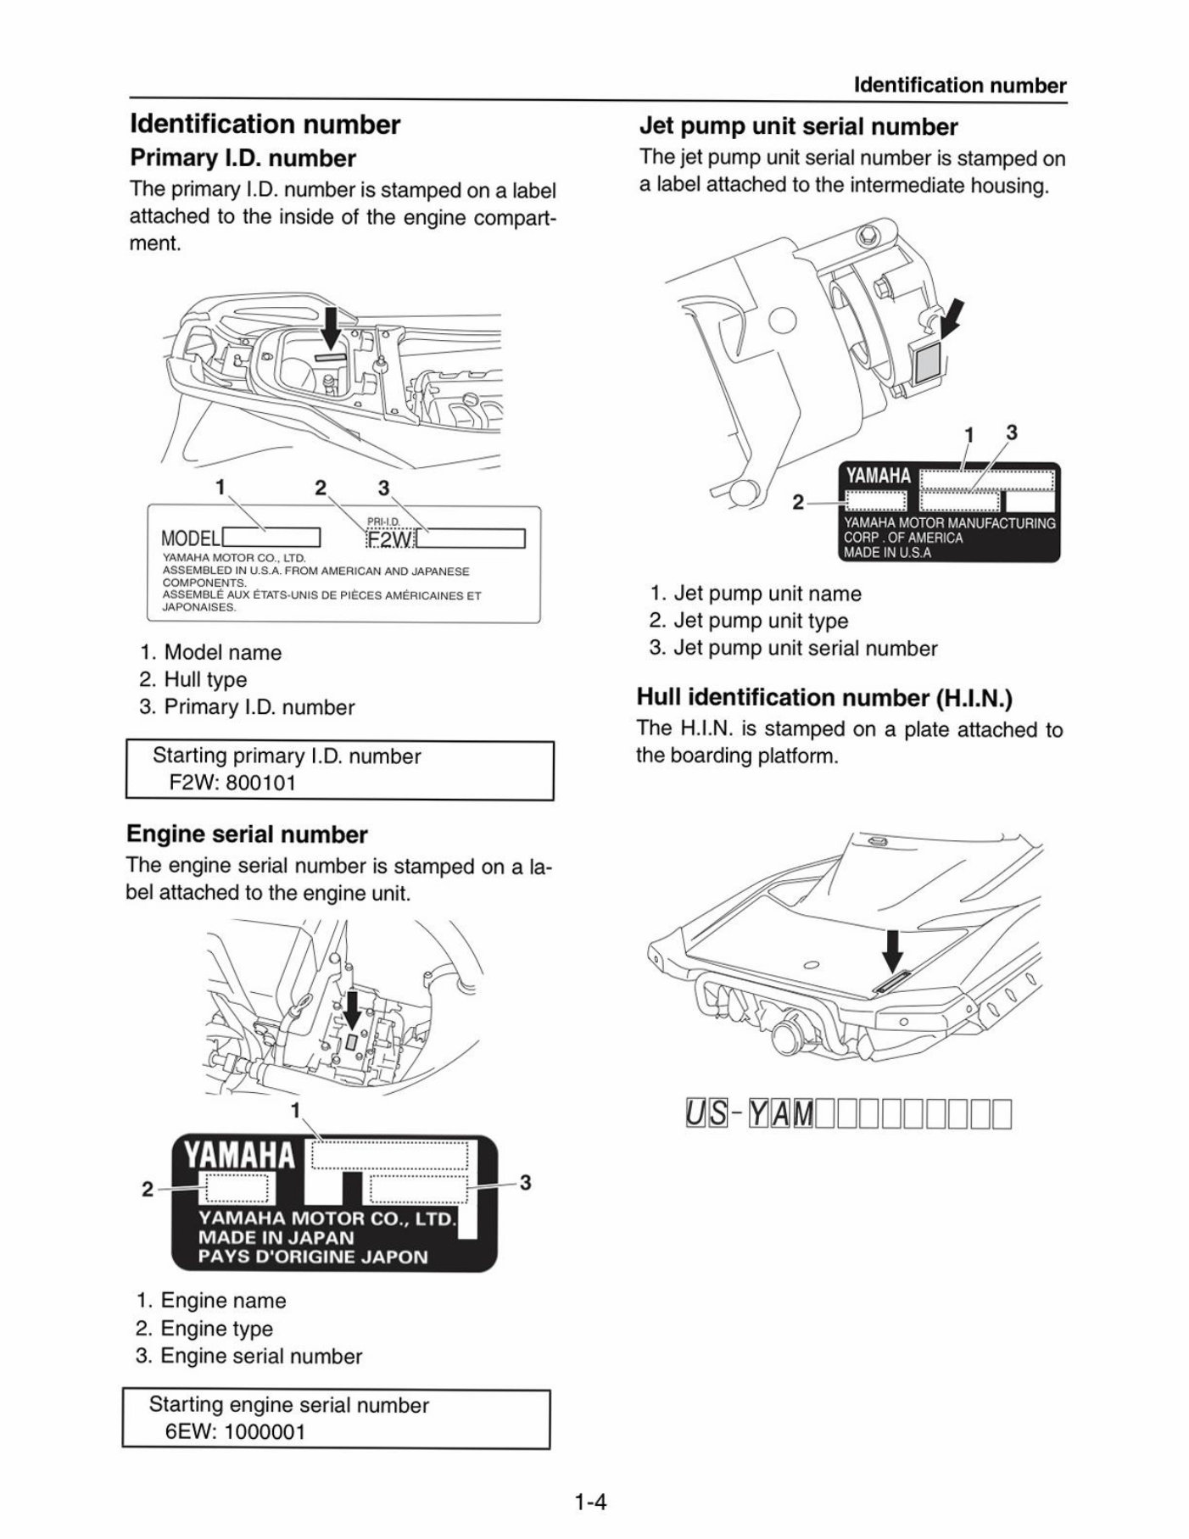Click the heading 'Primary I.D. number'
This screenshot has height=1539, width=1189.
tap(242, 159)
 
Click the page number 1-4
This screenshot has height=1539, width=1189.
tap(590, 1503)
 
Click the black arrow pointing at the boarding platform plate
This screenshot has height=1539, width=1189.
tap(891, 951)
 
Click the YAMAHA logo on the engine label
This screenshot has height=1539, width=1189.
tap(240, 1155)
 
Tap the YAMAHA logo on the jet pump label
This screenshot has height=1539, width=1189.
tap(878, 477)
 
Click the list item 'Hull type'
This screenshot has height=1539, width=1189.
tap(205, 679)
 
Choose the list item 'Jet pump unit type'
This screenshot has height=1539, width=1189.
tap(760, 621)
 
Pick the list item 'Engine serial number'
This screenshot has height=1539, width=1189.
tap(260, 1356)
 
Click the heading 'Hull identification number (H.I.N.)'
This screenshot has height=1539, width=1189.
tap(824, 698)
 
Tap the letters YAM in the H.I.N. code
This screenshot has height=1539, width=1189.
tap(780, 1114)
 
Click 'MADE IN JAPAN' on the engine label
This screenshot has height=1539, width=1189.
tap(276, 1237)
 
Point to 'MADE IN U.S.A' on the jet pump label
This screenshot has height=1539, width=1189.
tap(887, 553)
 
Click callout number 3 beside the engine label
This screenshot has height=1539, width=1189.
tap(525, 1182)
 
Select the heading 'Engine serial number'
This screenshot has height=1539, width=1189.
tap(247, 834)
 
